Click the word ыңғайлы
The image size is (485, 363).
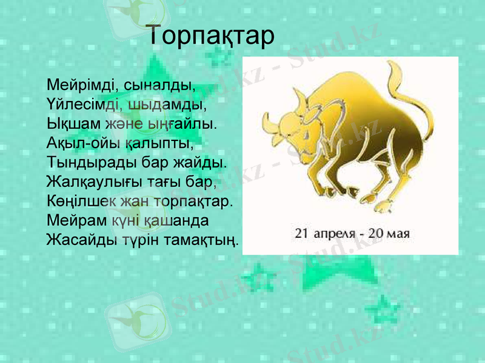[x=186, y=123]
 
